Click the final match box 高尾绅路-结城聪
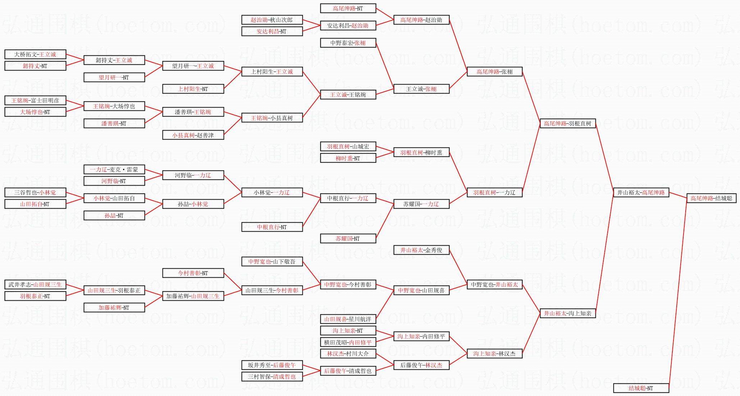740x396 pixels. click(711, 198)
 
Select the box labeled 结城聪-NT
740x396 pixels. click(641, 388)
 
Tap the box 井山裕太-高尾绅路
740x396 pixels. click(641, 192)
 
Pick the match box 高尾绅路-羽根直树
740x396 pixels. click(567, 123)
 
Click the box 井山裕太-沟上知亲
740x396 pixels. click(567, 313)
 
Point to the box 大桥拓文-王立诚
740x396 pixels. click(35, 54)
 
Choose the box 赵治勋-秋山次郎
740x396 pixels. click(272, 20)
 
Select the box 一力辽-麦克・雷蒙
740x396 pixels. click(114, 169)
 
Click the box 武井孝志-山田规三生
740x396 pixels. click(35, 285)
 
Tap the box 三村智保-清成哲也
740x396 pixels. click(272, 377)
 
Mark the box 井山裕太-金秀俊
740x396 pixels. click(421, 250)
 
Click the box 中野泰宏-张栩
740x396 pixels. click(348, 43)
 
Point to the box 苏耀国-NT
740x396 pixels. click(348, 238)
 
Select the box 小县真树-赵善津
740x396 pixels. click(193, 135)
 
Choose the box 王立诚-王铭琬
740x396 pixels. click(348, 95)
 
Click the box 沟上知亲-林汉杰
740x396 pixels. click(494, 354)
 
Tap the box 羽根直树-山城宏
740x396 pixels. click(348, 146)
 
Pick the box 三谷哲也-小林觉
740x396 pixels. click(35, 192)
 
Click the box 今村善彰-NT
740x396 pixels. click(193, 273)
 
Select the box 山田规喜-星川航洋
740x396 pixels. click(348, 319)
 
